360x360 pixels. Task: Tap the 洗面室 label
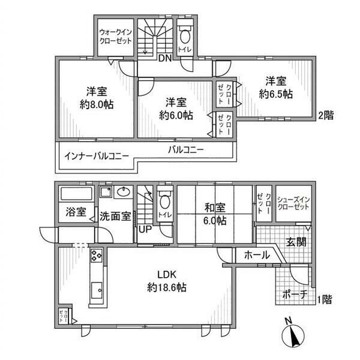(x=115, y=215)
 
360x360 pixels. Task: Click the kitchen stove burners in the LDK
(x=97, y=259)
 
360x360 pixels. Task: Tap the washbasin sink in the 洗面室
(x=124, y=193)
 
